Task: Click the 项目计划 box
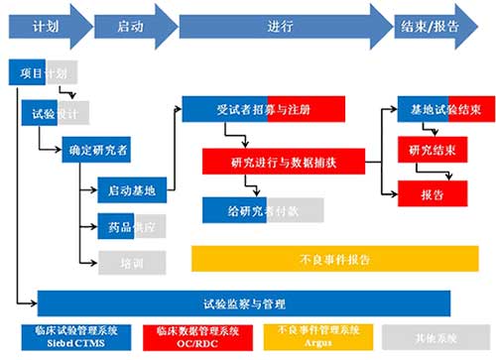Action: (44, 73)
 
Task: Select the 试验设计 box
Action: (56, 112)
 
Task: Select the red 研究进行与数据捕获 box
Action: (283, 161)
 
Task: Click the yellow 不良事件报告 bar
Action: (334, 260)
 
